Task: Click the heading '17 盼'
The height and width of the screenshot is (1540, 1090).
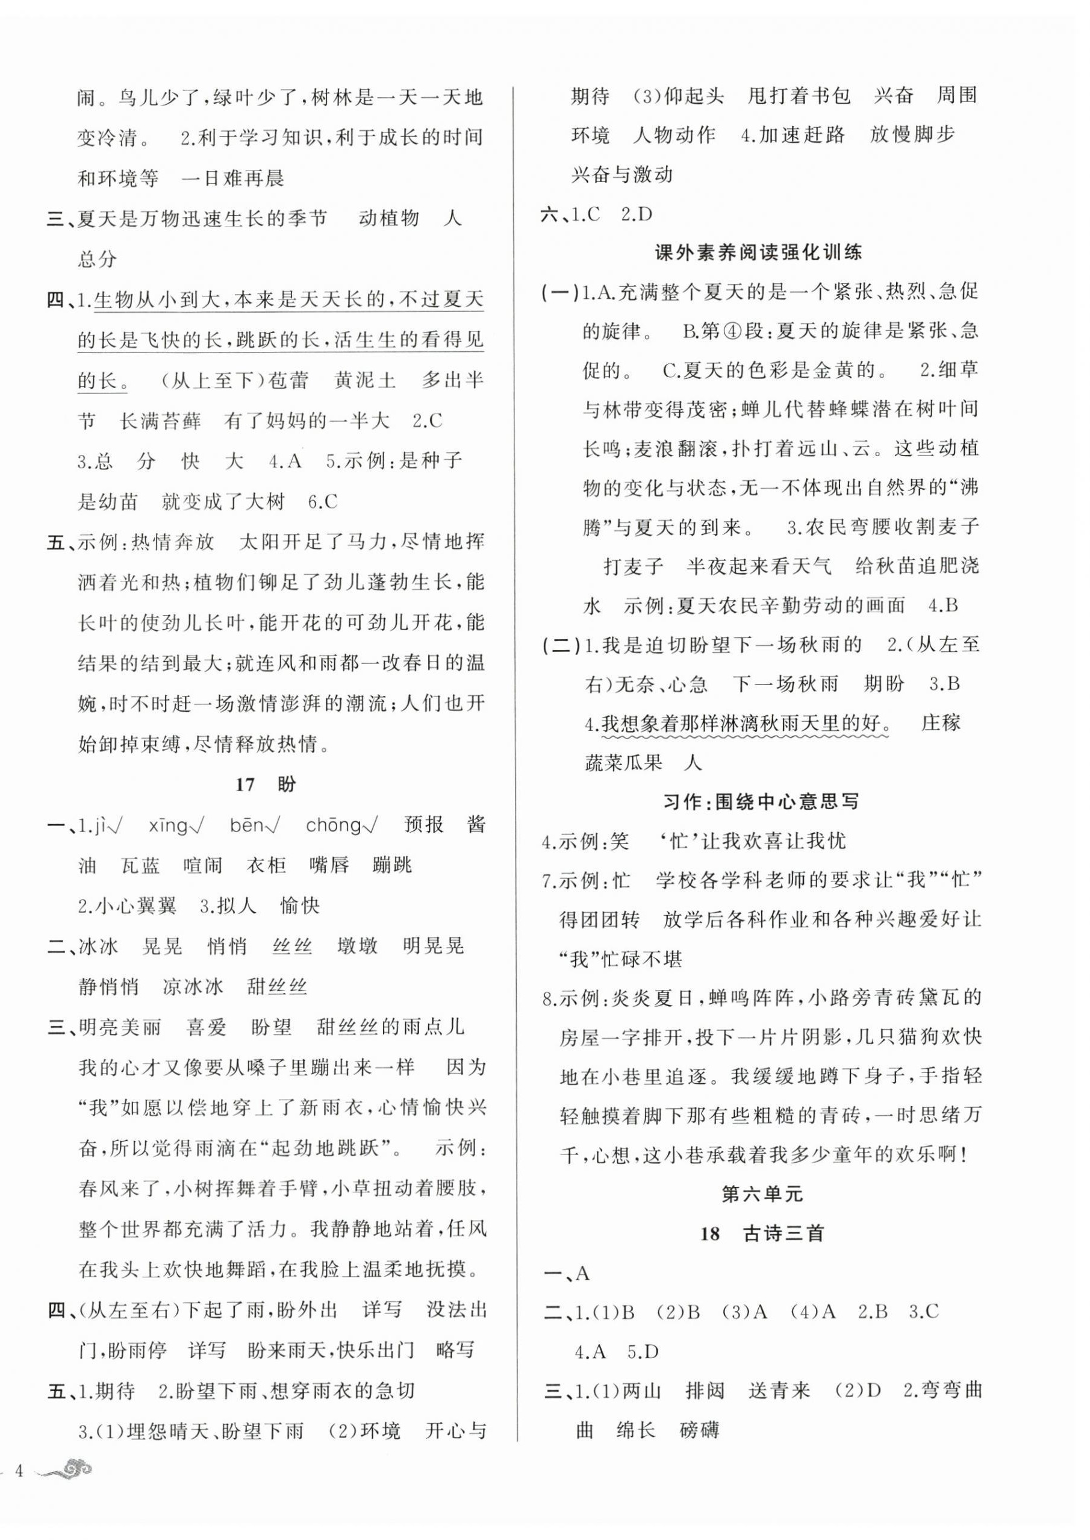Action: pyautogui.click(x=266, y=784)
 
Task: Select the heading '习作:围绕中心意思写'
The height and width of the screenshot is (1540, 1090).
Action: pyautogui.click(x=761, y=801)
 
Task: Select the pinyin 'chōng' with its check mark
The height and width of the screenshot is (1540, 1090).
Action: pyautogui.click(x=340, y=825)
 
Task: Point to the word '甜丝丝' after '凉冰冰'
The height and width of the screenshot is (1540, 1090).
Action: pyautogui.click(x=276, y=986)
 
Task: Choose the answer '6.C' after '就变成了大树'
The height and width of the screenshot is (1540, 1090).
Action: pyautogui.click(x=323, y=501)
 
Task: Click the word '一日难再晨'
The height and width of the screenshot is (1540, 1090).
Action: pyautogui.click(x=233, y=178)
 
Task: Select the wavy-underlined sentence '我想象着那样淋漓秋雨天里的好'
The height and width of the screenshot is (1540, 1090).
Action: pyautogui.click(x=745, y=723)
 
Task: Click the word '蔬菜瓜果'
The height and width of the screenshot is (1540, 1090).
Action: pyautogui.click(x=623, y=763)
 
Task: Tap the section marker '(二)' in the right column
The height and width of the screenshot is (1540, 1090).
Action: pyautogui.click(x=561, y=645)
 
